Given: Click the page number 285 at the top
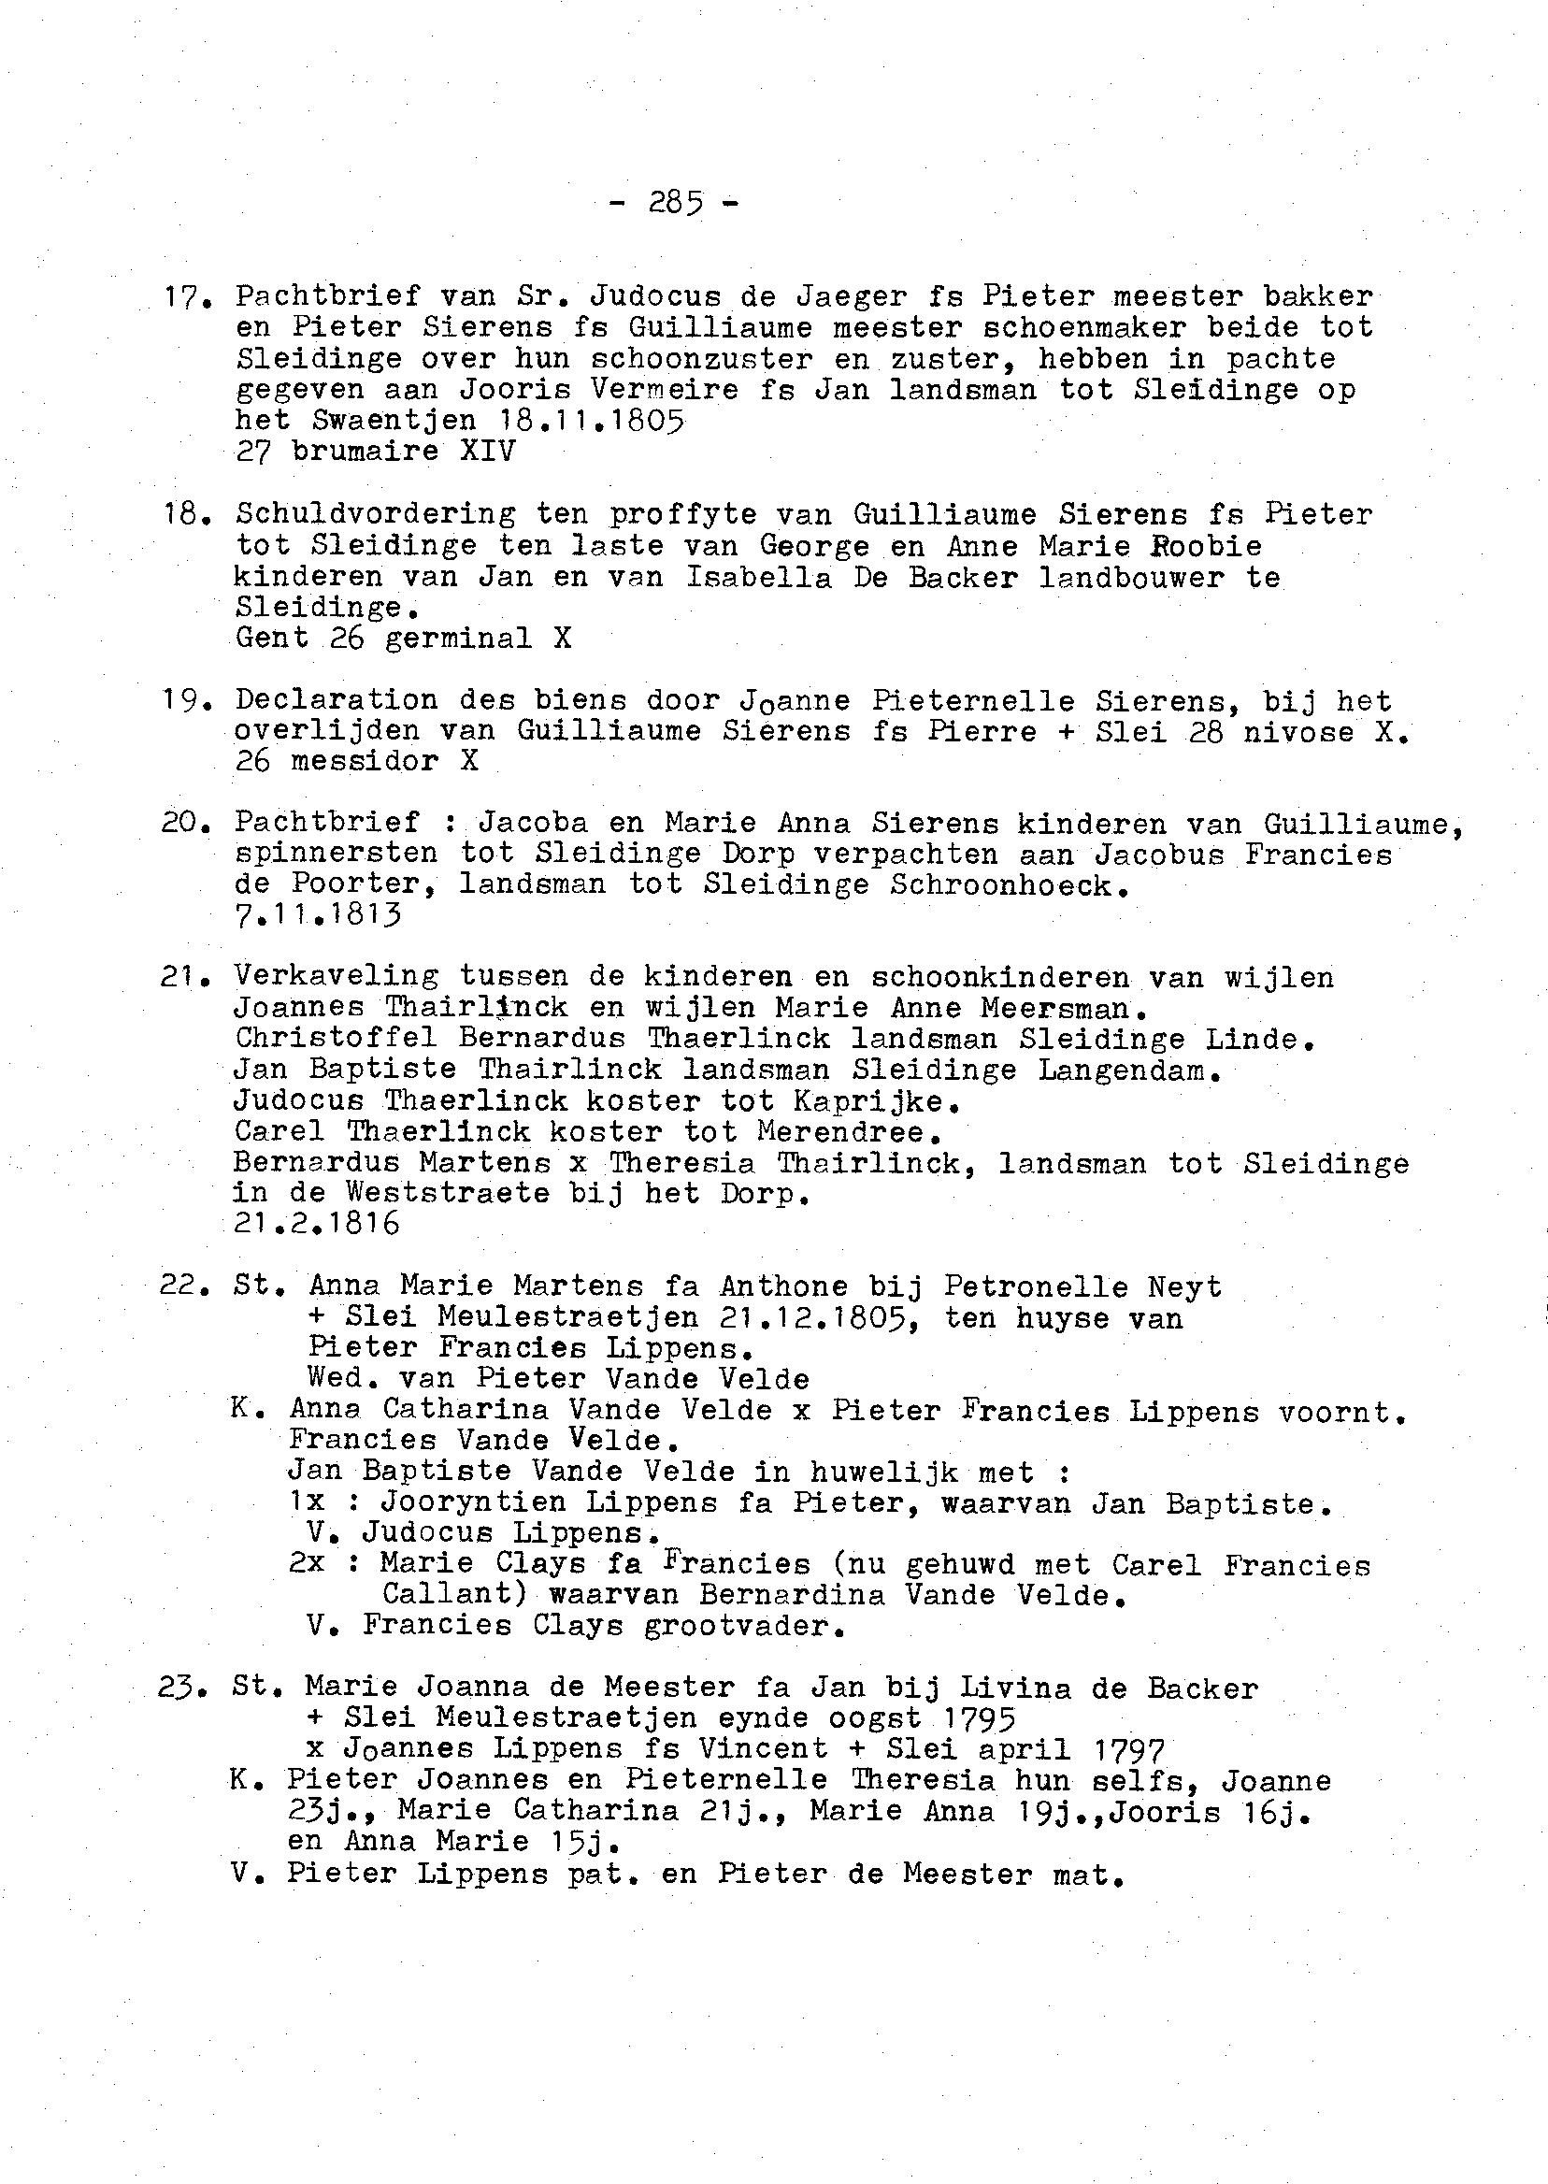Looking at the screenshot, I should pos(675,202).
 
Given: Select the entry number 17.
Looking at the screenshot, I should pos(180,297).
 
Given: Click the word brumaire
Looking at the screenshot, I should pos(365,451).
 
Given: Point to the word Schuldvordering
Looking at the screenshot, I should pos(376,515).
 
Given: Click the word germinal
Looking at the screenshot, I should pos(458,638).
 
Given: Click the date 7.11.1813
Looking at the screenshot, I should pos(318,915).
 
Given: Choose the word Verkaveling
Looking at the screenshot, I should pos(337,976).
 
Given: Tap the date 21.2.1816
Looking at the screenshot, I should pos(317,1223).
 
